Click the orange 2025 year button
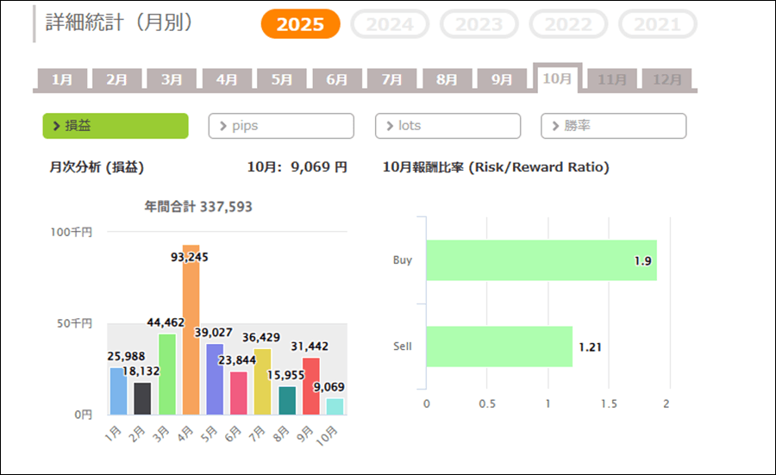[300, 24]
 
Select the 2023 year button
[479, 24]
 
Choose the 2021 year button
[657, 24]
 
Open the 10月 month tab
[557, 78]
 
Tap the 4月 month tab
[227, 79]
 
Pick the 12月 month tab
[667, 79]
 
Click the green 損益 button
[116, 126]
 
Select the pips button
[281, 126]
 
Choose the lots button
[447, 126]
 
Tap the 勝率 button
[613, 126]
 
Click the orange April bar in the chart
[191, 336]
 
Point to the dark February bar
[142, 398]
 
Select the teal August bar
[287, 400]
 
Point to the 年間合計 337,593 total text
[198, 207]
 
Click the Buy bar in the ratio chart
[541, 260]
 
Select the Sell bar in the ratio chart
[499, 347]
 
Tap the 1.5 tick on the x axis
[609, 403]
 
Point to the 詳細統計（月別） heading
[119, 23]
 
